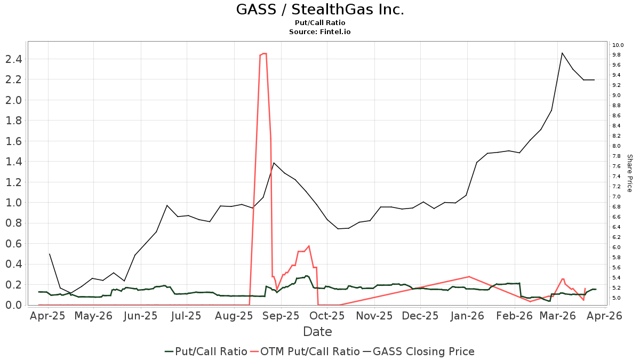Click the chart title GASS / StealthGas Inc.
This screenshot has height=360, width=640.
320,10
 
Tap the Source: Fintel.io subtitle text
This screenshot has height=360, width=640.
320,31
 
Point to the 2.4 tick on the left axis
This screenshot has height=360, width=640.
14,59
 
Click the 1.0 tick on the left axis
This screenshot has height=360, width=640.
14,203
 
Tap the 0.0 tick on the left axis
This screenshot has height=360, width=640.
14,305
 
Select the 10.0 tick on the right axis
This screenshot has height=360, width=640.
618,45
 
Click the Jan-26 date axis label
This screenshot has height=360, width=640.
467,316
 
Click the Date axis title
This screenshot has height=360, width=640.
317,332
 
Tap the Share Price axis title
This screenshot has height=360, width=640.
629,173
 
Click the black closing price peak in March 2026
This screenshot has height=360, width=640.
562,53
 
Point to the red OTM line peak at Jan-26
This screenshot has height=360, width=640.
468,276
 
